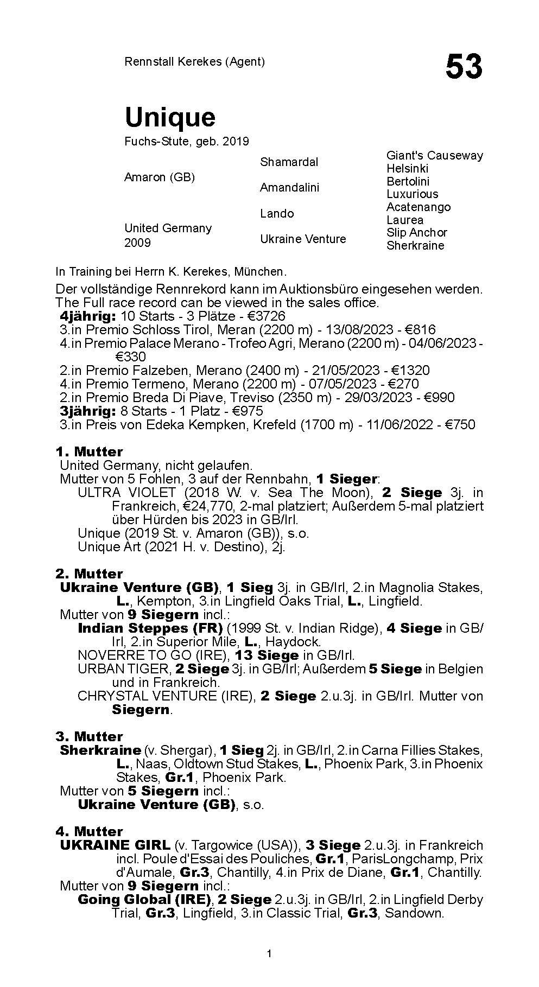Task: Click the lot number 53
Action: click(464, 67)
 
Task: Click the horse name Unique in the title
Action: click(170, 117)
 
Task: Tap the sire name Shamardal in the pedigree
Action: click(289, 162)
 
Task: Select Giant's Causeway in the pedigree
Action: click(434, 155)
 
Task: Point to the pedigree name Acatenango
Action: click(418, 207)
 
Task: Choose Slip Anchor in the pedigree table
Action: click(416, 232)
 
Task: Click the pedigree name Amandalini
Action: click(289, 187)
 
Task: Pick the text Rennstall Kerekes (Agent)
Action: click(194, 61)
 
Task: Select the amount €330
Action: click(130, 357)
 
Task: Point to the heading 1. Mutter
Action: click(89, 452)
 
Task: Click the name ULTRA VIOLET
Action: click(126, 493)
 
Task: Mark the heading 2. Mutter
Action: click(89, 574)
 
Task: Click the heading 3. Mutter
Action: click(89, 737)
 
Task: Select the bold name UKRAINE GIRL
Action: click(115, 845)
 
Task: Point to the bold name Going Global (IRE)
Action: click(144, 900)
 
